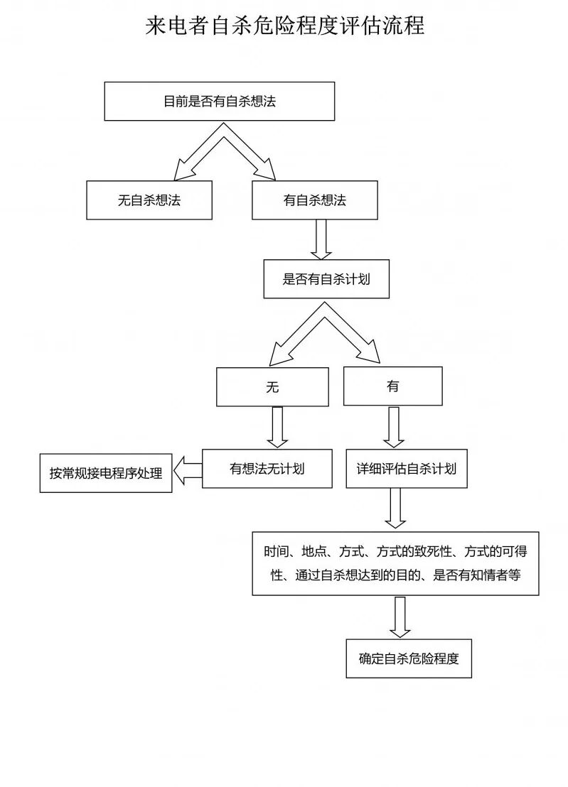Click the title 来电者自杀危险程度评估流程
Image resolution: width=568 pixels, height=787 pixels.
(284, 26)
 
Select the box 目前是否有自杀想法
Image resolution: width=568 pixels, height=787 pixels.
(219, 101)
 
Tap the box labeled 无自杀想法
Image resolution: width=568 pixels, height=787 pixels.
(149, 200)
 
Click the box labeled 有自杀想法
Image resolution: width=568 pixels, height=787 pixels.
(314, 200)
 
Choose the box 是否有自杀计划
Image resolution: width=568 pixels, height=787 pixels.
(326, 279)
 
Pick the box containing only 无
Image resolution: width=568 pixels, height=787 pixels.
(272, 386)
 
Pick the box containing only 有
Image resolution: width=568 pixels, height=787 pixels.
(392, 386)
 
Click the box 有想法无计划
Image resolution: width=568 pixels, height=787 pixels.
(267, 469)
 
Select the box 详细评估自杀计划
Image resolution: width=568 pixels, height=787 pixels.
(407, 469)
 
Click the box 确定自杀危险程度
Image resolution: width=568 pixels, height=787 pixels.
(409, 658)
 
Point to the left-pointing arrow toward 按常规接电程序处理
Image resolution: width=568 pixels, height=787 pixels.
(188, 470)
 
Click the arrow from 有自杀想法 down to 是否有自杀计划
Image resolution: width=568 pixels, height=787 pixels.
(321, 239)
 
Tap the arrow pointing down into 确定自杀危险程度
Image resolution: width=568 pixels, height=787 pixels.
(400, 617)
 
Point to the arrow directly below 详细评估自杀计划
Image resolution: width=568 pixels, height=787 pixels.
(395, 509)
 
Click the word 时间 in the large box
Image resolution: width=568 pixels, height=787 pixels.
(276, 552)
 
